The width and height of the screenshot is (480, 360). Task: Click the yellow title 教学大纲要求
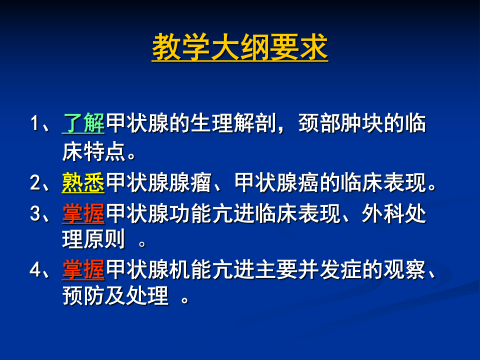(x=240, y=47)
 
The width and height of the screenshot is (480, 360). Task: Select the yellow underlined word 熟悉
(x=83, y=183)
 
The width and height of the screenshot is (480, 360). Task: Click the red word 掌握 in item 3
(x=83, y=213)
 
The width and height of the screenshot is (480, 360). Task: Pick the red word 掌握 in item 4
(x=83, y=270)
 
